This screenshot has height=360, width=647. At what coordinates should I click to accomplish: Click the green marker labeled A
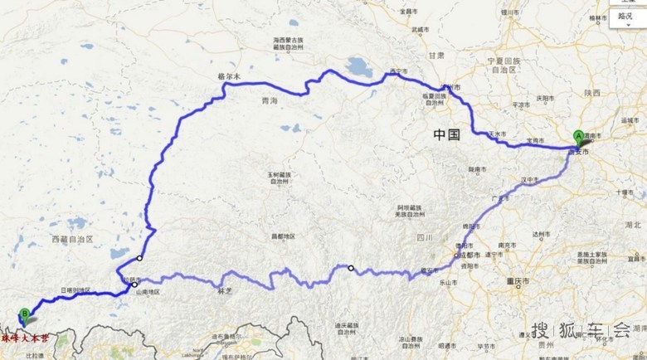(x=578, y=138)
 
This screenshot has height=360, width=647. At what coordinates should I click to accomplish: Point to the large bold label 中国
(x=446, y=134)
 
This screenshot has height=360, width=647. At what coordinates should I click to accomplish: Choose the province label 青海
(x=269, y=100)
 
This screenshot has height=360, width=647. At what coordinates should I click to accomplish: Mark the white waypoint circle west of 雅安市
(x=351, y=268)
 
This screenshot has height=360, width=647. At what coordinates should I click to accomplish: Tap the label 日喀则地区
(x=75, y=290)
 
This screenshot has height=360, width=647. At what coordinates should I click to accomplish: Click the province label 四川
(x=426, y=238)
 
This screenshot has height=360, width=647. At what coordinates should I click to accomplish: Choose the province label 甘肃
(x=436, y=55)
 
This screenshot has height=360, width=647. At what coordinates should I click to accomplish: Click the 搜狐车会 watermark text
(x=581, y=329)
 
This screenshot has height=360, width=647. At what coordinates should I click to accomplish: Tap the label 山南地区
(x=144, y=292)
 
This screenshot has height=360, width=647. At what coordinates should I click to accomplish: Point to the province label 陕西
(x=591, y=93)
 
